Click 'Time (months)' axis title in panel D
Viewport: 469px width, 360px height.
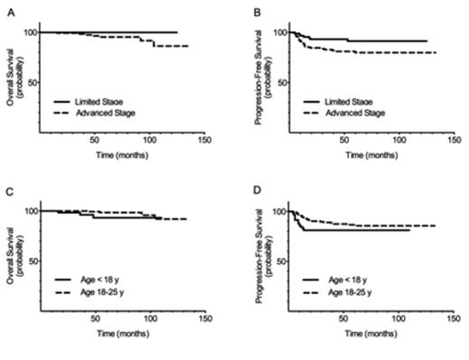coord(369,334)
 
